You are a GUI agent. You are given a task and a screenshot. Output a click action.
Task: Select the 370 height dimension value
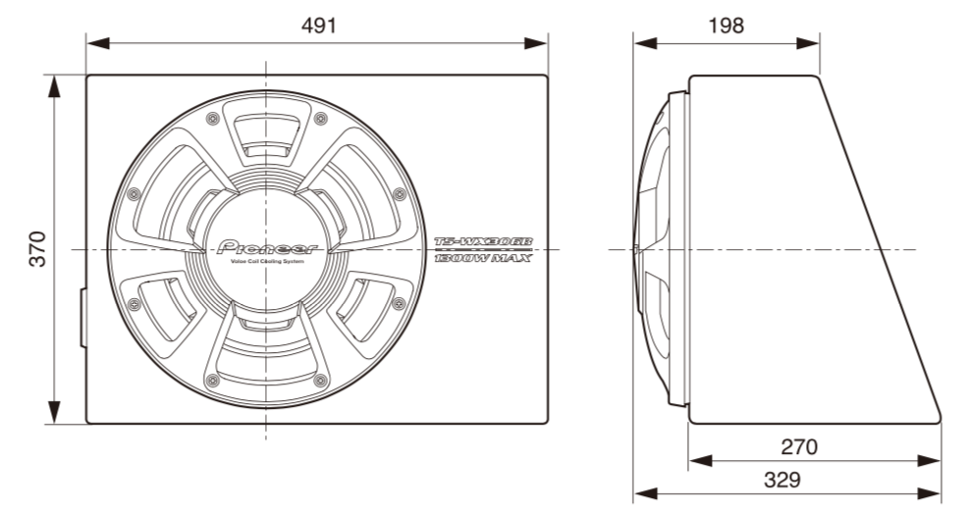point(36,249)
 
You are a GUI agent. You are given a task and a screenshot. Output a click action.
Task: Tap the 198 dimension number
point(726,26)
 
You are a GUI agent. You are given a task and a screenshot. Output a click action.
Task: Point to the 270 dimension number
point(798,446)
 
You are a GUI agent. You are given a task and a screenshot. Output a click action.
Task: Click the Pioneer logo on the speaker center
point(267,248)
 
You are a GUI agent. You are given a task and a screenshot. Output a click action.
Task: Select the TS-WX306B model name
point(483,241)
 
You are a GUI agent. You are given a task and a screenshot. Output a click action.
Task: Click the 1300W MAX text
point(483,258)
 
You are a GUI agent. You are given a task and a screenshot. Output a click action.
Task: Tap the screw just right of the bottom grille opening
point(320,381)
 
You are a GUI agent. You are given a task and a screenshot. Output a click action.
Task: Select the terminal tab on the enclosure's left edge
point(82,319)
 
